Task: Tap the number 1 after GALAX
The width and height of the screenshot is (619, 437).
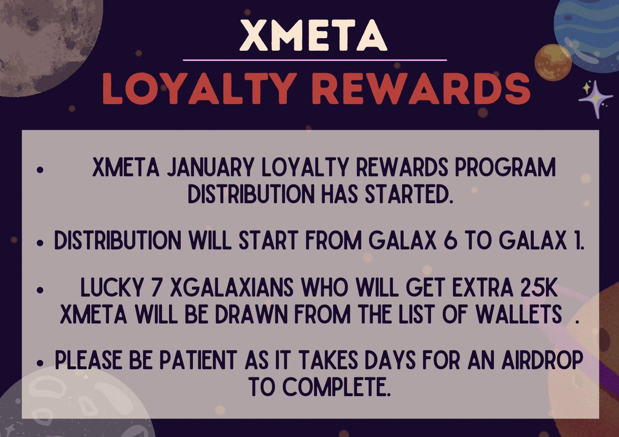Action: pos(578,241)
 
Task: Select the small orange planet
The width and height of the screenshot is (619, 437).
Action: pos(552,62)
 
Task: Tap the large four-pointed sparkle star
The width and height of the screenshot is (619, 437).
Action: pos(596,99)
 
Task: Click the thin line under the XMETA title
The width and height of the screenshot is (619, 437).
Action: pos(315,60)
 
